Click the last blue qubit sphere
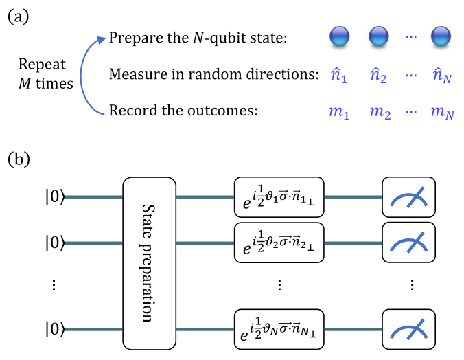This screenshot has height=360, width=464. pos(440,36)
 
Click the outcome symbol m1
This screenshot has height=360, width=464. pos(340,111)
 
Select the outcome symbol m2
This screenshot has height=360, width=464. pos(378,111)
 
